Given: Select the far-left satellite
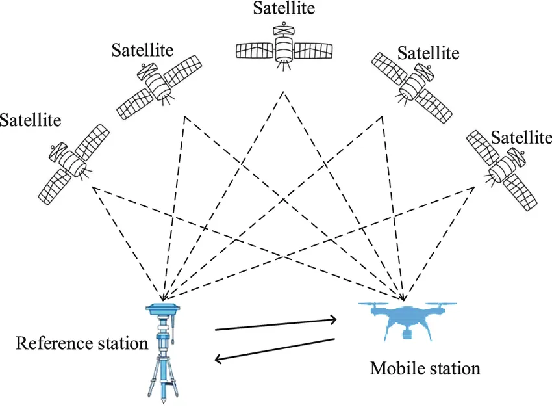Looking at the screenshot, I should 71,163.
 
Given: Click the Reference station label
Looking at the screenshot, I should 82,343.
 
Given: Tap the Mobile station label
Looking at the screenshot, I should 425,369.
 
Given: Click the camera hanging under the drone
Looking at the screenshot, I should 408,334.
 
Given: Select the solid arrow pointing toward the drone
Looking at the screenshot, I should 276,324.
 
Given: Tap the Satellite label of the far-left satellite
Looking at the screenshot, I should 31,120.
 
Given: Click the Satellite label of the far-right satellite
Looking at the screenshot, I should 521,137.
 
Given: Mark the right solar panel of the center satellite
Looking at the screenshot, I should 315,49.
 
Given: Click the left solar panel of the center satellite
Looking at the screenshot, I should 254,49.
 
